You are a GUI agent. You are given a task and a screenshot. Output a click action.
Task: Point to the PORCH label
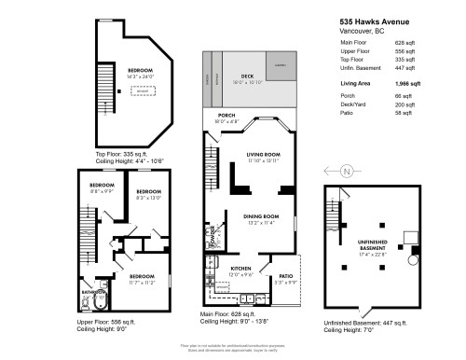pos(226,118)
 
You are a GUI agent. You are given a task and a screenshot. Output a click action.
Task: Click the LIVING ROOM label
pos(263,157)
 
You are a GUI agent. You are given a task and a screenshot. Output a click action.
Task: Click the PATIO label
pos(286,276)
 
